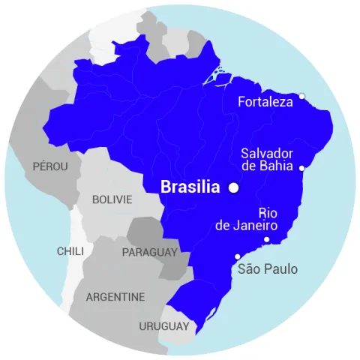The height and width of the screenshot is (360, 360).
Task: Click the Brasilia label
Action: pos(190,187)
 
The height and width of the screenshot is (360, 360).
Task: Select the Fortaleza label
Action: pos(265,102)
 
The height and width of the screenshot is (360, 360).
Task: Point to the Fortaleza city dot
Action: pos(301,95)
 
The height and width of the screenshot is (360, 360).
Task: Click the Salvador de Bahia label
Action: pos(267,160)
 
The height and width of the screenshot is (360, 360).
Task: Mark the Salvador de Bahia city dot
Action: pos(301,168)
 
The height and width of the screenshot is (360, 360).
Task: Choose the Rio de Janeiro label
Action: pos(247,219)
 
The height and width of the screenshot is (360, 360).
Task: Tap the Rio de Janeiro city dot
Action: pos(266,239)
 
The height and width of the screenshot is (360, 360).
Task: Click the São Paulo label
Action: pos(267,269)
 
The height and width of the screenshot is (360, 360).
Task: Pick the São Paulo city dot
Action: pos(238,256)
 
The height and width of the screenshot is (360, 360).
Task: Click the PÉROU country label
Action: pos(50,166)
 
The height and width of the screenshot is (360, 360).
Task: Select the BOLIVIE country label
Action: pos(112,200)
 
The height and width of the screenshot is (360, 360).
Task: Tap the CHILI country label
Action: pos(70,251)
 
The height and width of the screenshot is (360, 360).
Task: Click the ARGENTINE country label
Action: pos(115,297)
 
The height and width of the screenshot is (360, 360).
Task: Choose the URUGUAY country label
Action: pos(163,326)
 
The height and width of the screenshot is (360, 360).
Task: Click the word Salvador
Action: pos(265,153)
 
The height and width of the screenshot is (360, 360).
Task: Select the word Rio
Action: pos(268,212)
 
